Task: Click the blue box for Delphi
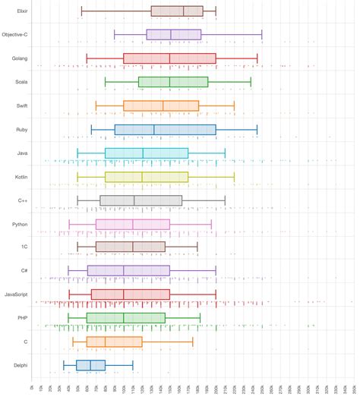tap(90, 365)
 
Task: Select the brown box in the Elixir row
tap(177, 11)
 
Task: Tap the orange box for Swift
tap(161, 106)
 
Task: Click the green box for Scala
tap(173, 82)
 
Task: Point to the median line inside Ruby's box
tap(154, 130)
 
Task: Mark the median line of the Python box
tap(133, 224)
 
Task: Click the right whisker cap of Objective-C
tap(262, 35)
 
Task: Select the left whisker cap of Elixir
tap(81, 11)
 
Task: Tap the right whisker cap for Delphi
tap(133, 365)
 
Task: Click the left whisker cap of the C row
tap(73, 342)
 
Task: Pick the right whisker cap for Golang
tap(257, 58)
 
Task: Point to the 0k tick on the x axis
tap(33, 388)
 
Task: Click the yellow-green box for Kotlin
tap(147, 177)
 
